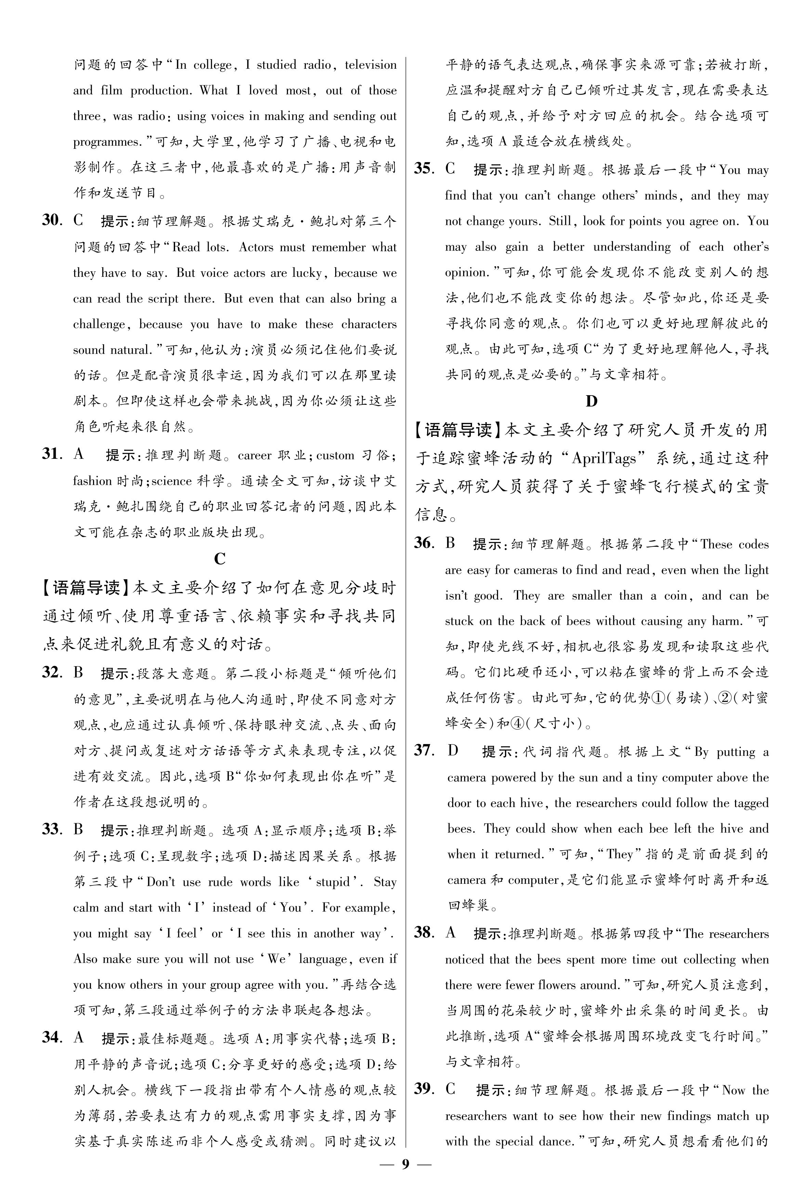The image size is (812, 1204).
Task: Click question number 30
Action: click(52, 221)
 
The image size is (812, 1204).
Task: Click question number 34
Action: click(52, 1037)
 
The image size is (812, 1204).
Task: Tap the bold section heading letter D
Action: click(591, 401)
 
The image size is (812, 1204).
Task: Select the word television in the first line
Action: click(370, 65)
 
